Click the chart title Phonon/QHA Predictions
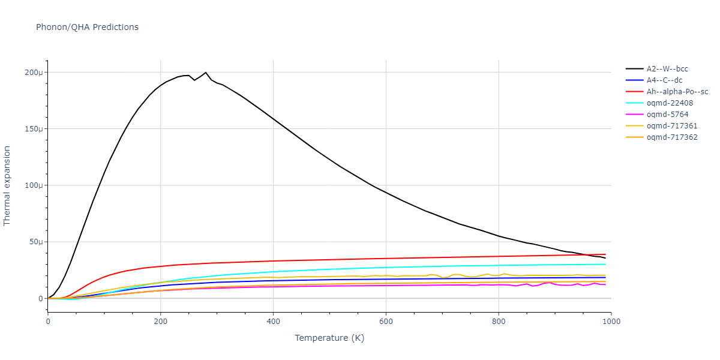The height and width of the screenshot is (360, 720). [x=87, y=27]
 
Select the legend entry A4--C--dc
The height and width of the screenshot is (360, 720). [x=664, y=80]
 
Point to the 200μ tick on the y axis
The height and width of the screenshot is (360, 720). [x=35, y=73]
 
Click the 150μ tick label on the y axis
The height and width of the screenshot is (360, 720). [x=35, y=129]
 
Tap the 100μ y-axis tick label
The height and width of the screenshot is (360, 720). [x=35, y=185]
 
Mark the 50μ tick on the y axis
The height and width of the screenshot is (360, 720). [x=37, y=242]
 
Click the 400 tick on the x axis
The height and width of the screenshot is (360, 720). [x=273, y=321]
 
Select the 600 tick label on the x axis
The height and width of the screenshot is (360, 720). [x=386, y=321]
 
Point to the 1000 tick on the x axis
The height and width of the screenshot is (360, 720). [x=611, y=321]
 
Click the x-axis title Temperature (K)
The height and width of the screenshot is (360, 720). [x=329, y=338]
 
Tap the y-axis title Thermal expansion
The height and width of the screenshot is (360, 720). [x=7, y=185]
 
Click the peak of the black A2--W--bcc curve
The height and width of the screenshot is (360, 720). [x=206, y=72]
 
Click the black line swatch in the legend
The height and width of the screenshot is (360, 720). [x=635, y=69]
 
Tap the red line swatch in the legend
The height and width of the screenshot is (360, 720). [x=635, y=92]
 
